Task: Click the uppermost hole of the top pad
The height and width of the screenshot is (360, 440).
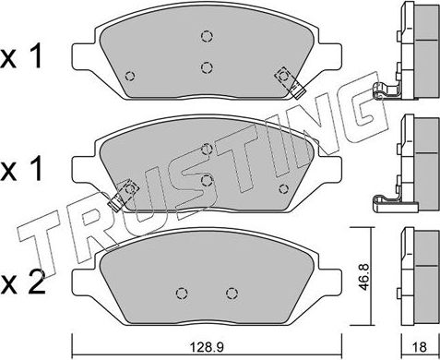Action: tap(206, 38)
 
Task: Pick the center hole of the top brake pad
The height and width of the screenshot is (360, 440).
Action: tap(207, 67)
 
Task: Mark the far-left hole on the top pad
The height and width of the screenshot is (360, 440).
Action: tap(130, 77)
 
